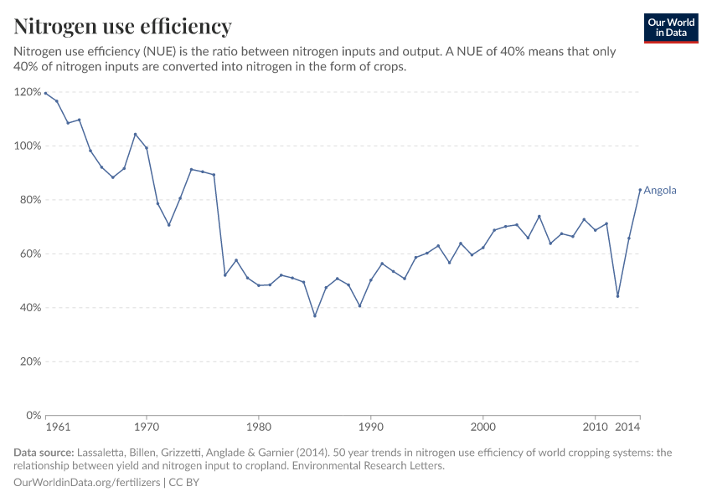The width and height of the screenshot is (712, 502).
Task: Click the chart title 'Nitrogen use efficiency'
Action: point(123,27)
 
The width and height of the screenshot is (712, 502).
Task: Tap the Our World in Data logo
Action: point(671,28)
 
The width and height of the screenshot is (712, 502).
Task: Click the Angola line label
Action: point(659,191)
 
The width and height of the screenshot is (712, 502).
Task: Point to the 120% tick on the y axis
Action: point(27,92)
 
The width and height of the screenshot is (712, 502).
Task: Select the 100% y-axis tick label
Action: point(27,146)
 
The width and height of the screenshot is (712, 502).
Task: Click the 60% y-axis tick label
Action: point(29,254)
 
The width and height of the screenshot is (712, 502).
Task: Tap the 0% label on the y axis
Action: point(32,416)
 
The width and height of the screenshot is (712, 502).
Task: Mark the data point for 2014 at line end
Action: point(640,189)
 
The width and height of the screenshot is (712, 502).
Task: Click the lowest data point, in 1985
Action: point(315,315)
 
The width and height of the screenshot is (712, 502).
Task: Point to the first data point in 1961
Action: point(45,93)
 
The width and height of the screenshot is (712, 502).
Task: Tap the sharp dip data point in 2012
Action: point(617,296)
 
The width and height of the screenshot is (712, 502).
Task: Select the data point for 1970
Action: point(147,148)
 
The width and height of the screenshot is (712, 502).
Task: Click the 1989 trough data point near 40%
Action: point(359,305)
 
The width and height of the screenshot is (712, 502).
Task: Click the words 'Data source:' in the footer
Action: point(44,453)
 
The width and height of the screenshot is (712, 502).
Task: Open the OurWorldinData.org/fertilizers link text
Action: point(88,483)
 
